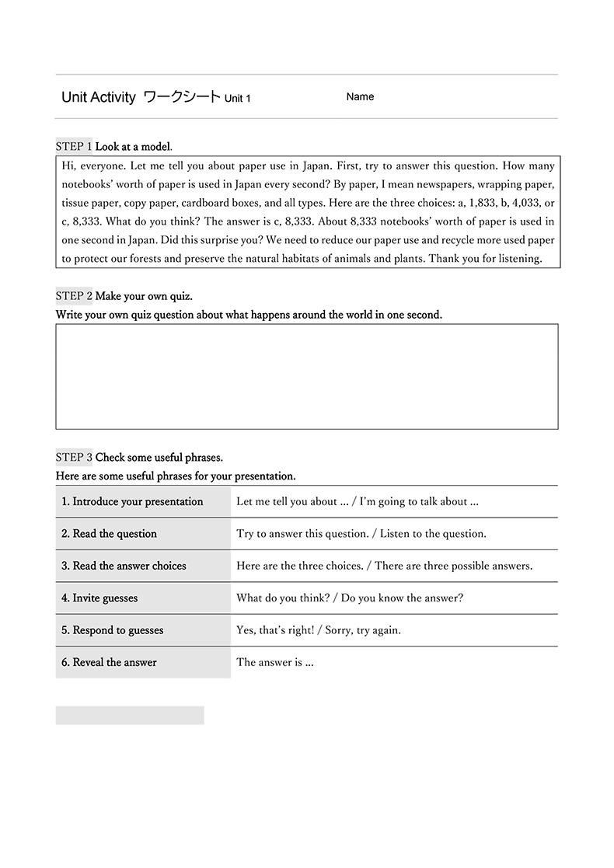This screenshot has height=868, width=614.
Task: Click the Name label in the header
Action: (x=360, y=97)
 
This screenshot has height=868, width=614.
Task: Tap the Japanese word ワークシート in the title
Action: (x=183, y=97)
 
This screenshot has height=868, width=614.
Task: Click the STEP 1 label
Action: (x=74, y=146)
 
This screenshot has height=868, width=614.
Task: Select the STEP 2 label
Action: (x=74, y=296)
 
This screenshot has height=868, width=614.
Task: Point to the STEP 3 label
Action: (x=74, y=457)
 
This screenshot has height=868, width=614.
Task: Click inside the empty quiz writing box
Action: (x=306, y=376)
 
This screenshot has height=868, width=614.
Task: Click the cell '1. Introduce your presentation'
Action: (x=132, y=502)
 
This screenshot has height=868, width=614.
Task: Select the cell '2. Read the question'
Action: (x=110, y=534)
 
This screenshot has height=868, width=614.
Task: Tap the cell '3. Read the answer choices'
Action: (x=124, y=566)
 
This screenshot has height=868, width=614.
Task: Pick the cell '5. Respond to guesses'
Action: (x=113, y=630)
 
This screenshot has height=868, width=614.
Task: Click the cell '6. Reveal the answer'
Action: (x=110, y=663)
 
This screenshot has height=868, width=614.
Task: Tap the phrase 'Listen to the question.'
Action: (x=431, y=534)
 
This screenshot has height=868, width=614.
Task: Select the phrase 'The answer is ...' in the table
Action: (x=275, y=663)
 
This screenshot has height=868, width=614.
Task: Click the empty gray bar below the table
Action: (x=130, y=716)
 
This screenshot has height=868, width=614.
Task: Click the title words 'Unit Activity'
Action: (x=99, y=97)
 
